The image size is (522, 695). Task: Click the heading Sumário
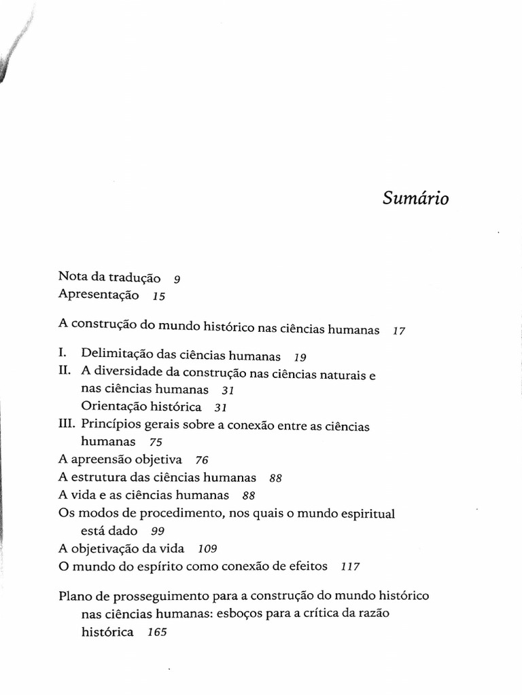(x=415, y=200)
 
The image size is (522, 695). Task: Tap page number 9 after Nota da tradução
(x=177, y=279)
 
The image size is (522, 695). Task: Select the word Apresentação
(x=99, y=295)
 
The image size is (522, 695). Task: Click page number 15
(x=159, y=297)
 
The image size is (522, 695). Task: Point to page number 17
(x=399, y=331)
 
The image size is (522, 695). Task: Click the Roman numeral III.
(x=67, y=425)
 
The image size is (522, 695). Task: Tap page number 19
(x=300, y=356)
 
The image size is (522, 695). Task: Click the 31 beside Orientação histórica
(x=220, y=408)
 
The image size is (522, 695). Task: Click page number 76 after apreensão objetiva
(x=201, y=460)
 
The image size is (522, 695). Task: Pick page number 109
(x=207, y=548)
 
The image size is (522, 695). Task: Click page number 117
(x=351, y=566)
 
